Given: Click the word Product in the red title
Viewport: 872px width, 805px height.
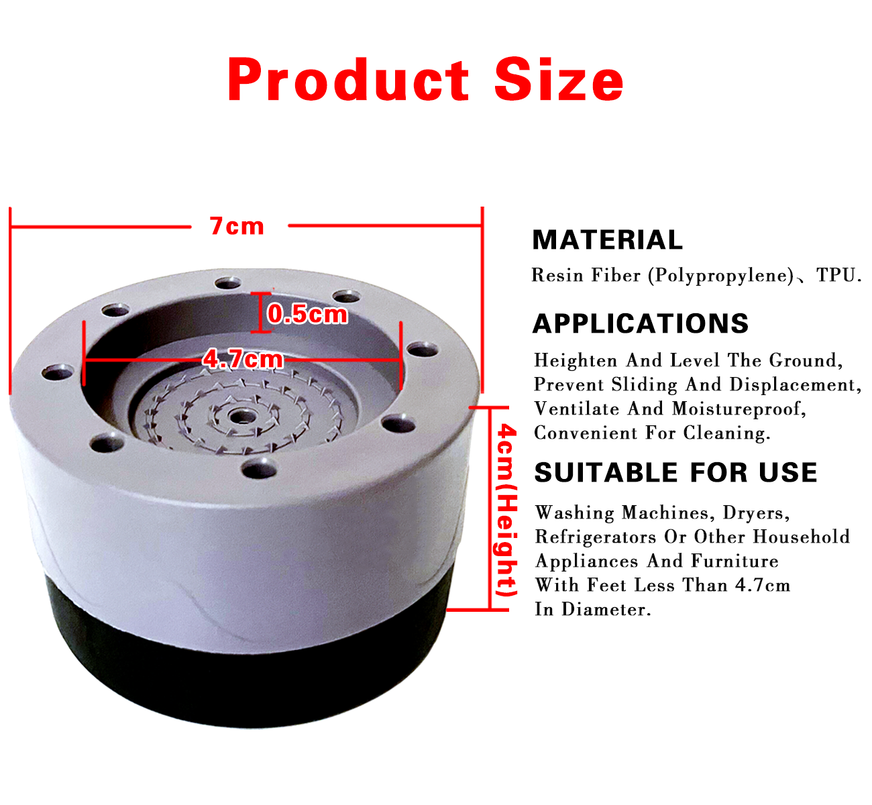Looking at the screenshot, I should coord(348,81).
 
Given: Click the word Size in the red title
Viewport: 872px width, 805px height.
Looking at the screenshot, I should coord(559,81).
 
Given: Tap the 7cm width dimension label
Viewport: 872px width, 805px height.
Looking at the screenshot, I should coord(237,226).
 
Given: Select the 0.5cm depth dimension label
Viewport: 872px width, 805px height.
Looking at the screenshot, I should coord(307,313).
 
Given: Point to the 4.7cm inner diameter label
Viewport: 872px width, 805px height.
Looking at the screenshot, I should coord(243,360).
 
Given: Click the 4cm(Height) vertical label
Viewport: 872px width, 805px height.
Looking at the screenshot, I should coord(506,511).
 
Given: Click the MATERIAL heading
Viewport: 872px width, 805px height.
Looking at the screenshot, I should coord(607,239).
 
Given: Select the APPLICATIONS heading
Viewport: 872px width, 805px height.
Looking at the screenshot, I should coord(641,323).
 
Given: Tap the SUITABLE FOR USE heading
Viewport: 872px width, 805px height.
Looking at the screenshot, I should coord(675,472).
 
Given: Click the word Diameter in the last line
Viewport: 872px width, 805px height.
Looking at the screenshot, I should coord(603,609).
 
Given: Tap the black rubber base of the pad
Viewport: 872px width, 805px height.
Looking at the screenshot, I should coord(248,678).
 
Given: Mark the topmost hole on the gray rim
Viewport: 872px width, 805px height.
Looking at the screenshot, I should coord(228,282).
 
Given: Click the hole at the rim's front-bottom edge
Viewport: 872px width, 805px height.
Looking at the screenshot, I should coord(259,468).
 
